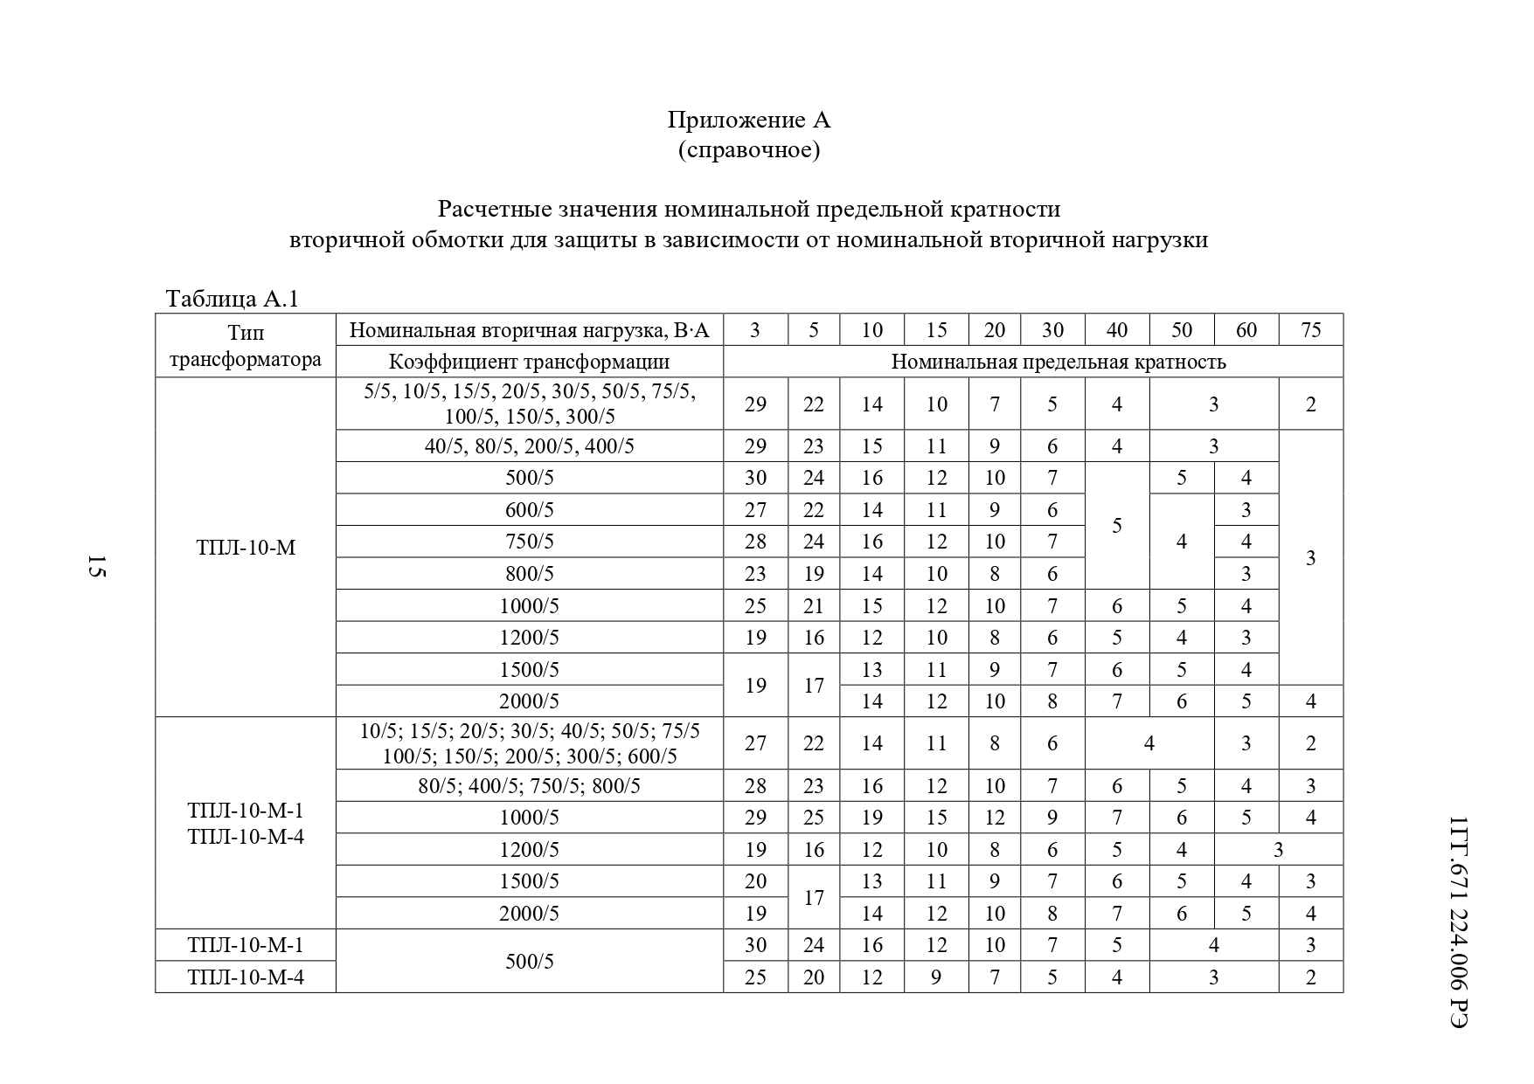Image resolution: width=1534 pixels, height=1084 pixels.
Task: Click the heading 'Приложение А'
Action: coord(749,119)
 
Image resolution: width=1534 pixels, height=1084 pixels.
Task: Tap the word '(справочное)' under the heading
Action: coord(749,150)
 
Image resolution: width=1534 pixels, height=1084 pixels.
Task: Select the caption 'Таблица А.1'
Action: coord(233,299)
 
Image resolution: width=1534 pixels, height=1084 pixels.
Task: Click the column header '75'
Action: coord(1310,330)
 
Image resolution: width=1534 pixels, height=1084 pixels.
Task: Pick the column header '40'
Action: coord(1116,330)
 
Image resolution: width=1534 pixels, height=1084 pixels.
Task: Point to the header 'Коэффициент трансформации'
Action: coord(529,362)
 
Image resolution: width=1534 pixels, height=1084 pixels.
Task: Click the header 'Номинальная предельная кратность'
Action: coord(1058,362)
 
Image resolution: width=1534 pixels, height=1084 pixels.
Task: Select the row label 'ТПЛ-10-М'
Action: coord(246,548)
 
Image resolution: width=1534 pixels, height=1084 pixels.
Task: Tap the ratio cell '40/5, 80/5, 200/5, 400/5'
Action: coord(529,446)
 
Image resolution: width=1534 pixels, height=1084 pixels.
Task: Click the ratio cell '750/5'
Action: coord(529,542)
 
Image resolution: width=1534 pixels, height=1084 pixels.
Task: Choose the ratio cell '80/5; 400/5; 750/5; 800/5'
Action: coord(529,786)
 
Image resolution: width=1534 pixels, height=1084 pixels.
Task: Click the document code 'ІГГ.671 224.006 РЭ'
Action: coord(1457,922)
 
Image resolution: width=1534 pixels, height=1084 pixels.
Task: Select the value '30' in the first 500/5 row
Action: coord(755,478)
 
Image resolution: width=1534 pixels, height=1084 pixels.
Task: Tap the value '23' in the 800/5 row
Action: coord(755,574)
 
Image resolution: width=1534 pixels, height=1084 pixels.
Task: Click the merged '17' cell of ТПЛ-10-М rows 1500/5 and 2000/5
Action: coord(813,686)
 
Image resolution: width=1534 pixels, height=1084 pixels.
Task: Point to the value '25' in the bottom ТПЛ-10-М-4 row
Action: coord(755,977)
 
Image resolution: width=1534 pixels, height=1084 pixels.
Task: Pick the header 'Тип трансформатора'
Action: coord(246,346)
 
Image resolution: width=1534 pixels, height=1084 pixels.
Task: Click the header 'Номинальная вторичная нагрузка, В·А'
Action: coord(529,330)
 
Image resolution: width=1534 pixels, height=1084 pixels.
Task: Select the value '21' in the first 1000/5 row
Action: coord(813,606)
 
